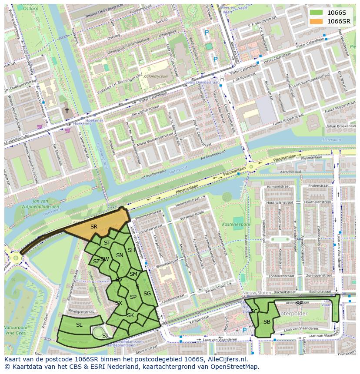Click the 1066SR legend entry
(330, 21)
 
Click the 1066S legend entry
(330, 13)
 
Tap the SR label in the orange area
(94, 226)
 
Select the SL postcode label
(79, 324)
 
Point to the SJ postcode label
(105, 335)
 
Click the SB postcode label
(267, 321)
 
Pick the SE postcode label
(299, 303)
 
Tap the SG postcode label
(147, 294)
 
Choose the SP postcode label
(133, 297)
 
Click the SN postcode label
(120, 255)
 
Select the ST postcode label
(107, 243)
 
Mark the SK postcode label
(130, 315)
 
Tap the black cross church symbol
(67, 111)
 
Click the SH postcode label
(131, 250)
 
